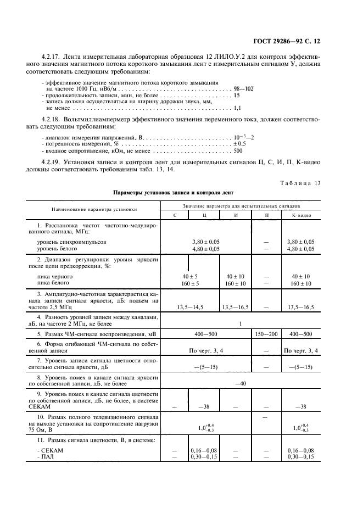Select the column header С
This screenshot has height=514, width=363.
point(174,215)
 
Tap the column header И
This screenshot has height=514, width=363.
point(236,215)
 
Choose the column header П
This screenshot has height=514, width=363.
point(266,215)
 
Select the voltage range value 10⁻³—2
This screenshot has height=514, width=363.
point(244,136)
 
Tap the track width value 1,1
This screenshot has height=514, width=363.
point(237,108)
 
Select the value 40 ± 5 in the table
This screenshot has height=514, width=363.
point(189,276)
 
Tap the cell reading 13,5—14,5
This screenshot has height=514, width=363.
point(189,307)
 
